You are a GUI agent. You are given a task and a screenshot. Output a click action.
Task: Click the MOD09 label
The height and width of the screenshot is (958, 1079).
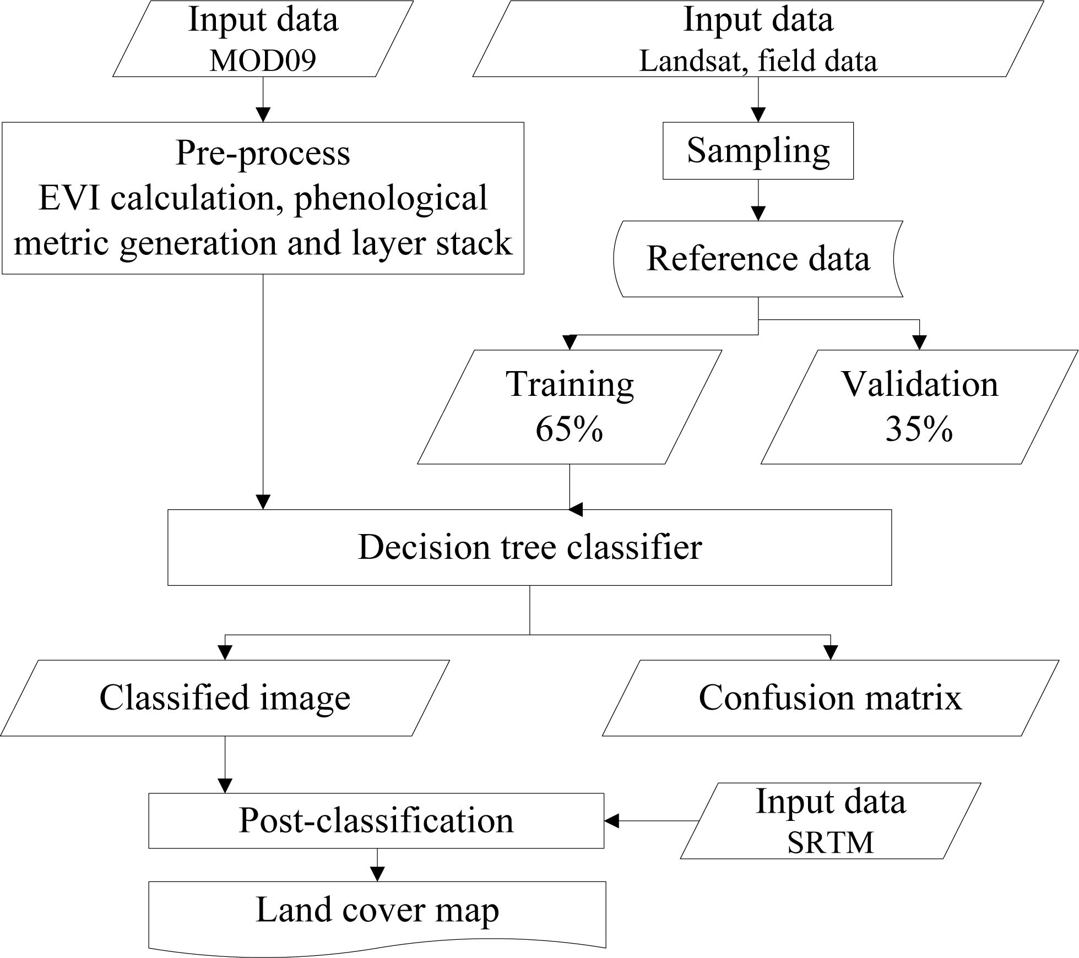point(263,61)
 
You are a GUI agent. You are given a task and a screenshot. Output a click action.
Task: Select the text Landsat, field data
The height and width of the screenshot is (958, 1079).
point(758,61)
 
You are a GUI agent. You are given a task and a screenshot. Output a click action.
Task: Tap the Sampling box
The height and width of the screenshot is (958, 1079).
point(758,150)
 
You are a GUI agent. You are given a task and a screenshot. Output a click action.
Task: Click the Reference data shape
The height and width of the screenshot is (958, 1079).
point(758,258)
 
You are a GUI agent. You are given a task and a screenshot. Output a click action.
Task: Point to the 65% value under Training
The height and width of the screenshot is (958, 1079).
point(569,429)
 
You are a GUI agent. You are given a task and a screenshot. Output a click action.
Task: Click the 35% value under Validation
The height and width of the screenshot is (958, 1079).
point(919,429)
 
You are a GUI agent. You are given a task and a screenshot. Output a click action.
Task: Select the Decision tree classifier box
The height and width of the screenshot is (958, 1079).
point(529,547)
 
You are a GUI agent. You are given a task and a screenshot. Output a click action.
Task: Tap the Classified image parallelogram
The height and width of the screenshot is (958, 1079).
point(225,698)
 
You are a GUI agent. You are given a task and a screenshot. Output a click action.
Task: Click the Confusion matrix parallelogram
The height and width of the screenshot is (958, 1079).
point(830,698)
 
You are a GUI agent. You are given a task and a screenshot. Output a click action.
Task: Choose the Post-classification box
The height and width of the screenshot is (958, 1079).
point(376,820)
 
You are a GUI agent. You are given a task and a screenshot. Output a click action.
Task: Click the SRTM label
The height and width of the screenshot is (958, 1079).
point(830,843)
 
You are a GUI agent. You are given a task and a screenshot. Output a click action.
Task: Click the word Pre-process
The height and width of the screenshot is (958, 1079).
point(263,153)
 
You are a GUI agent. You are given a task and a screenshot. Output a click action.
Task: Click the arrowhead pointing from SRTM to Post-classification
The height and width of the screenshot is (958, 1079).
point(612,821)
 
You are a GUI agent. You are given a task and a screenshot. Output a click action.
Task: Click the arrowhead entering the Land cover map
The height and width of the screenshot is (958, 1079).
point(377,874)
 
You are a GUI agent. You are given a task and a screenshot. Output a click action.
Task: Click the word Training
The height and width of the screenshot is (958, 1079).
point(570,384)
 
